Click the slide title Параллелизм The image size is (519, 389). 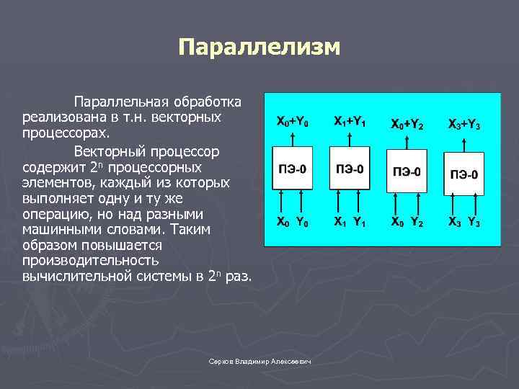259,48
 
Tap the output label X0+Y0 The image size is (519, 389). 293,122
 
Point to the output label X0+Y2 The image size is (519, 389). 407,124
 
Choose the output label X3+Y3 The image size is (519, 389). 464,124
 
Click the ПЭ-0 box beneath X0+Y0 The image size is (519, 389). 293,169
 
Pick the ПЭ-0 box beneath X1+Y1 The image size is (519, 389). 350,169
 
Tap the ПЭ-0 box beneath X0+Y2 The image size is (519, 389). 407,171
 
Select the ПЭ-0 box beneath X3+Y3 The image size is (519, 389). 464,174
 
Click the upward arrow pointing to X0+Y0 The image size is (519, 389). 293,138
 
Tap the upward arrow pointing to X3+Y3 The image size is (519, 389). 464,141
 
